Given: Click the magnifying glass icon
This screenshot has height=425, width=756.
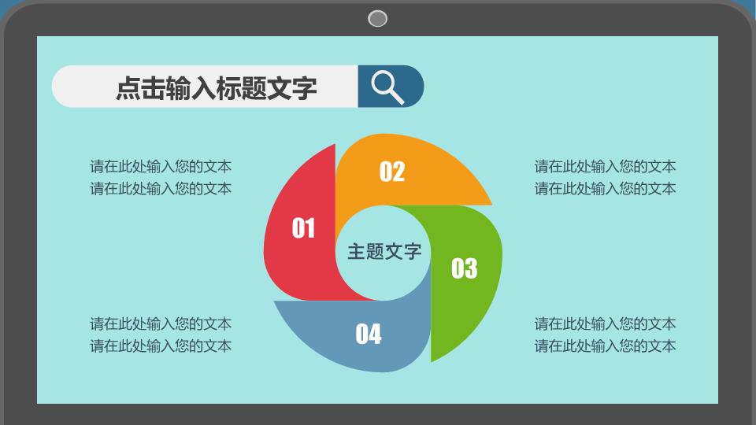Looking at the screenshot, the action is (387, 87).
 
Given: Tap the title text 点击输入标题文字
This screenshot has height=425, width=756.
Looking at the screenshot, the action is (217, 88).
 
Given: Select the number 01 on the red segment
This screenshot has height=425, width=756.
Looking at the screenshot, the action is (303, 228).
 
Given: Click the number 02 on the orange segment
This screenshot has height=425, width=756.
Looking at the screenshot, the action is (392, 172).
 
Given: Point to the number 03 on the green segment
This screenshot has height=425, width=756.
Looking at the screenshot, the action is (465, 268).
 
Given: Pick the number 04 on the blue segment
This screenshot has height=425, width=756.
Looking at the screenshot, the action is (369, 334).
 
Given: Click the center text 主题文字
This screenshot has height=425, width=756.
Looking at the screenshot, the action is (384, 252).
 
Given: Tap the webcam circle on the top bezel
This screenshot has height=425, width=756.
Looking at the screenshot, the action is (377, 19).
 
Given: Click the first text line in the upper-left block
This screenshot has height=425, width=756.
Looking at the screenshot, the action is (161, 166).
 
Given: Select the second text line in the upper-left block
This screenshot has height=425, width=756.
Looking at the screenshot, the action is (161, 188).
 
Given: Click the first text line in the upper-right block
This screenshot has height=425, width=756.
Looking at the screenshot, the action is (605, 166).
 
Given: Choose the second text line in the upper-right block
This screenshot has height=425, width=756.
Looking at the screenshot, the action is (605, 188).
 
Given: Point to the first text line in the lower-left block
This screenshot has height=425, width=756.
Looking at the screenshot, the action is (161, 323).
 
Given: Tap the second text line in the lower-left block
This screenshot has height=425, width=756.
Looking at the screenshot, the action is (161, 346).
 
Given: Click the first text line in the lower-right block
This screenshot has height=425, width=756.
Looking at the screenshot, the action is (605, 323).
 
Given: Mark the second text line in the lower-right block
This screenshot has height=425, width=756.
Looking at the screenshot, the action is (605, 346).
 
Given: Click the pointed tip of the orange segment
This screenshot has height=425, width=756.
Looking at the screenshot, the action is (491, 205).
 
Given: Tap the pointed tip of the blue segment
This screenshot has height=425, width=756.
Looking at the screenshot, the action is (274, 301).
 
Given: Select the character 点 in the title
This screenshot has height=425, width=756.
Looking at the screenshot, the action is (128, 88).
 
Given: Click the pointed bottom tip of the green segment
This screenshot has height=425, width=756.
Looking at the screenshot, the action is (431, 361).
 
